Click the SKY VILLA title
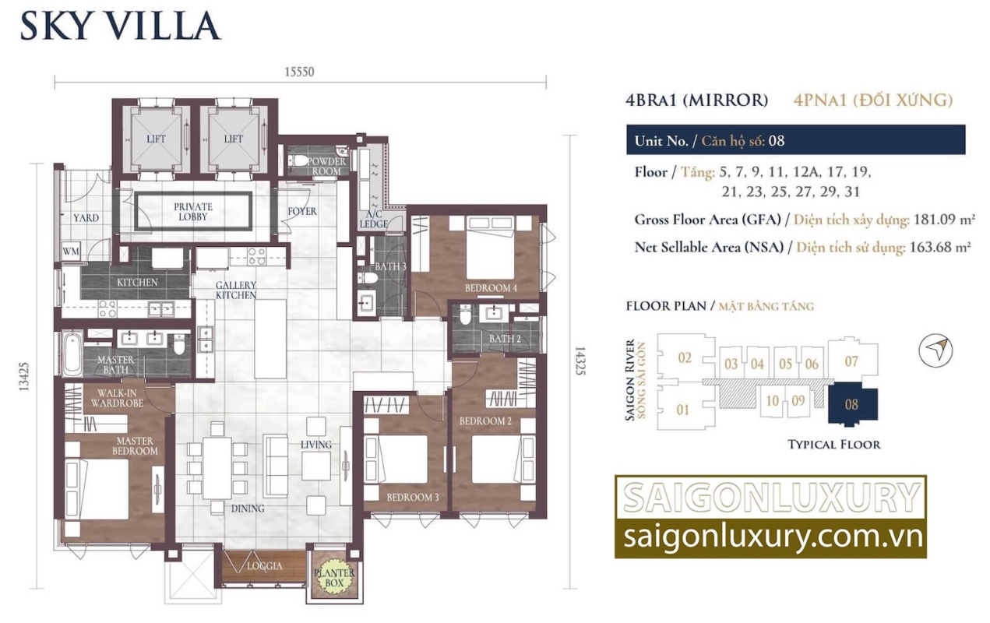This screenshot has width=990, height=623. pos(120,26)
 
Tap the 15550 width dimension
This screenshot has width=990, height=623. pos(299,72)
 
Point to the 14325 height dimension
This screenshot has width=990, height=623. pos(580,361)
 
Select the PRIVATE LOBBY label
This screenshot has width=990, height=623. pos(192,212)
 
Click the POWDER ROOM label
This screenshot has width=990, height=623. pos(326,166)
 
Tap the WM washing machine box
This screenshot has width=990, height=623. pos(71,252)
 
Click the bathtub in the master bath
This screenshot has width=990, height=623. pos(72,354)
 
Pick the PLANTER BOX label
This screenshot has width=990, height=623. pos(334,578)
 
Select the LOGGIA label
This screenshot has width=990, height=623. pos(264,565)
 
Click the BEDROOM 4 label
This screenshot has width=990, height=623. pos(491,288)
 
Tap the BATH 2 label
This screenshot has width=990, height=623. pos(505,339)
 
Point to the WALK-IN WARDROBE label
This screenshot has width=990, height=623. pos(117,398)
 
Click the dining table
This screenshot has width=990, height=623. pos(217,468)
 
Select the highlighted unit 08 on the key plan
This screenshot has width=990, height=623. pos(853,404)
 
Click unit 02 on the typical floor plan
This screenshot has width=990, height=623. pos(685,357)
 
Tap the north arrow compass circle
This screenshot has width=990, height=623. pos(935,350)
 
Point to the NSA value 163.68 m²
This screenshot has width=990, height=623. pos(940,247)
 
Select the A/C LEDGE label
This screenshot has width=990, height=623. pos(373,219)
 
